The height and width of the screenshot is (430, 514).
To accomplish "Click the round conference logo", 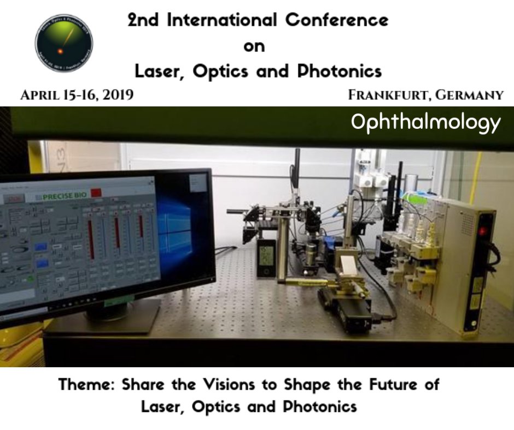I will pyautogui.click(x=64, y=43).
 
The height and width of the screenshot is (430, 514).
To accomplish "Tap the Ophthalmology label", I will pyautogui.click(x=425, y=122).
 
